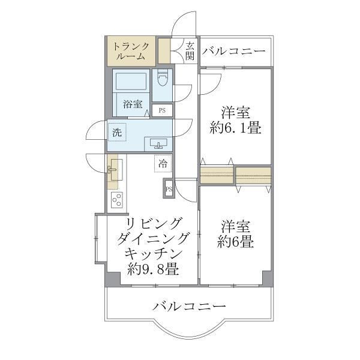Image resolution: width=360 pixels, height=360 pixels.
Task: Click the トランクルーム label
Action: point(131,52)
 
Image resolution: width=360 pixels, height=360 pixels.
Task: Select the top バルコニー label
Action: point(233,52)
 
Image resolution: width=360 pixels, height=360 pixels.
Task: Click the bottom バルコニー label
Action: point(189,307)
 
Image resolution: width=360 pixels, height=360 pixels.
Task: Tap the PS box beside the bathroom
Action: point(163,110)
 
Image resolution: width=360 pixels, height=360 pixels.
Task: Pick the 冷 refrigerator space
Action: point(163,161)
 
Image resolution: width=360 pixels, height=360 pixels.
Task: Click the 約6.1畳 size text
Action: point(235,128)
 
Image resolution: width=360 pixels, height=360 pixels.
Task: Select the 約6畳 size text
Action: point(235,242)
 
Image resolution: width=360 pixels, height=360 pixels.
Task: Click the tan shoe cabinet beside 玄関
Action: point(163,51)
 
